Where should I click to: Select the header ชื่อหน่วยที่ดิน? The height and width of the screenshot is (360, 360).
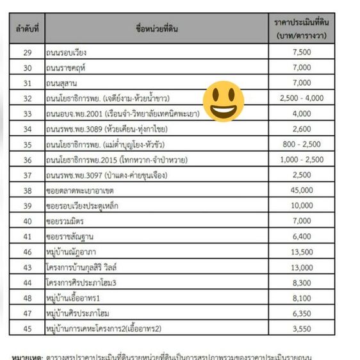157,29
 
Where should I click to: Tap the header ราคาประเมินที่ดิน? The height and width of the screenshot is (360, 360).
302,29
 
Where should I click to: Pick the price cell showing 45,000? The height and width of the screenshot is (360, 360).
302,190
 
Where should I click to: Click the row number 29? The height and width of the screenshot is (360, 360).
28,52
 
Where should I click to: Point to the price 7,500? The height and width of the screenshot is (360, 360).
302,52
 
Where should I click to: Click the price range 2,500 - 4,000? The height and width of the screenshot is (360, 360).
302,98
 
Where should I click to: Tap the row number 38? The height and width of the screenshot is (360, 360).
28,190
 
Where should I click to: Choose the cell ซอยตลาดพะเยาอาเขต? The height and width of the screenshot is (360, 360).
84,190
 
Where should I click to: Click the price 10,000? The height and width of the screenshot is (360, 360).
302,206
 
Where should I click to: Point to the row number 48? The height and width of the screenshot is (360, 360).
28,298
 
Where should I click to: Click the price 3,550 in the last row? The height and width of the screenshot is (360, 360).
302,329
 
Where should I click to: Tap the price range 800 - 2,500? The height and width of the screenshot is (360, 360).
302,144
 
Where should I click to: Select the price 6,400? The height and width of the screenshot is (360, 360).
302,236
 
